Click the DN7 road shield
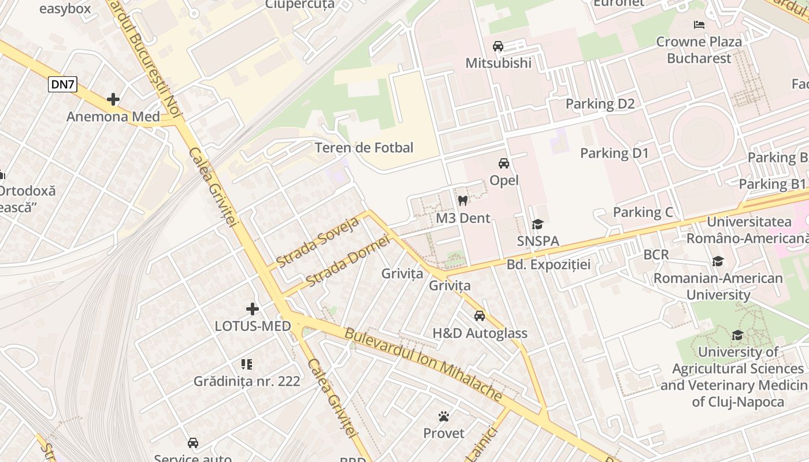[x=63, y=84]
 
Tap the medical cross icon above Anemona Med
[x=113, y=99]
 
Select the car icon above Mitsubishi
[x=498, y=46]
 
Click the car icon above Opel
[x=504, y=163]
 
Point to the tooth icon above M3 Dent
[x=462, y=201]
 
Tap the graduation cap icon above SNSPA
[x=538, y=224]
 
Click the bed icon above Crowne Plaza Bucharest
[x=699, y=25]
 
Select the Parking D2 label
[x=600, y=104]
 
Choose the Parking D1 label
[x=614, y=153]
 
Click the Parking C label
[x=643, y=212]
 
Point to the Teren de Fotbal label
[x=364, y=148]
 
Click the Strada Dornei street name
[x=347, y=262]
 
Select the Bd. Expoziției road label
[x=548, y=264]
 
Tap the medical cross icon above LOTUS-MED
[x=253, y=309]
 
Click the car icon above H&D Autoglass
[x=480, y=316]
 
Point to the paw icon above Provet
[x=444, y=416]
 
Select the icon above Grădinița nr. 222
[x=247, y=364]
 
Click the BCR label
[x=656, y=255]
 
